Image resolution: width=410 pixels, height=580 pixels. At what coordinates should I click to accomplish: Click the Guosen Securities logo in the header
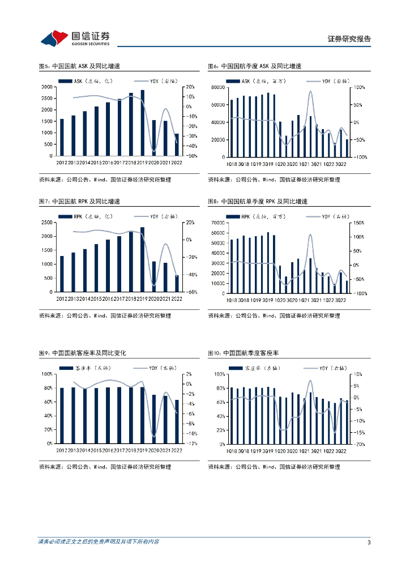[75, 38]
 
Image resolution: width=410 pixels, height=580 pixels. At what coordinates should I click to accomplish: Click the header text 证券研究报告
[349, 39]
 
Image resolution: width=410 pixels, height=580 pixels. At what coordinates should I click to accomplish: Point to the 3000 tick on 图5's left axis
[48, 87]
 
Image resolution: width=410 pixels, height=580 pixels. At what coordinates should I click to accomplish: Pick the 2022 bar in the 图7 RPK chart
[177, 283]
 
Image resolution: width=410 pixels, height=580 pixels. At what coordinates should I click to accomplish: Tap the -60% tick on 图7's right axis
[190, 292]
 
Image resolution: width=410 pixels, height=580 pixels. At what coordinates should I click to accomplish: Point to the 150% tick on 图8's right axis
[360, 223]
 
